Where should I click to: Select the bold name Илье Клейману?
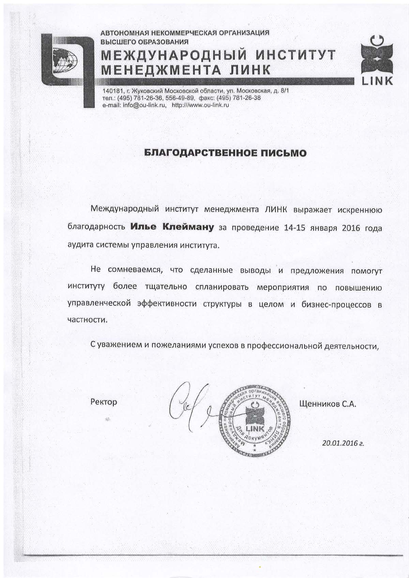(x=172, y=227)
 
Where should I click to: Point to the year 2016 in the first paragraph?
(x=342, y=228)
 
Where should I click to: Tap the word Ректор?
(x=104, y=402)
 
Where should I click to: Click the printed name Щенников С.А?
(x=327, y=404)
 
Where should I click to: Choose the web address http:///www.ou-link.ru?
(x=200, y=105)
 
